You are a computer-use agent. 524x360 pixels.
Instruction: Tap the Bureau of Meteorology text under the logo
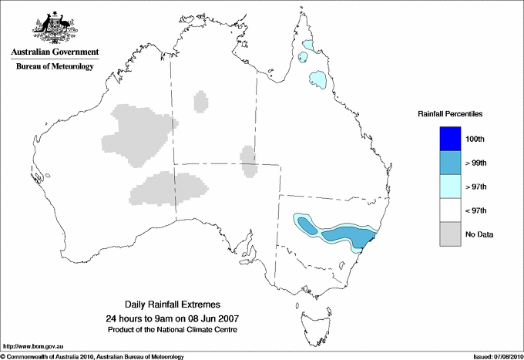pos(54,66)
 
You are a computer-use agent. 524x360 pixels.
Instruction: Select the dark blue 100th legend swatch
pos(450,139)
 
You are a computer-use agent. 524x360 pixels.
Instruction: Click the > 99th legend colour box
pos(450,163)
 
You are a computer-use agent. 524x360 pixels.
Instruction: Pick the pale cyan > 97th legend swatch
pos(450,187)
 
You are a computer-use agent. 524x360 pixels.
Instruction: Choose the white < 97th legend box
pos(450,210)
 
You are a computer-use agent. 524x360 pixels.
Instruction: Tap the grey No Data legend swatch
pos(450,234)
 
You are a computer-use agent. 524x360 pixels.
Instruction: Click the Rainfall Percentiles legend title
pos(450,114)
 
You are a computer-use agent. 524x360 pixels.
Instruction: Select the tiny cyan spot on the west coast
pos(48,176)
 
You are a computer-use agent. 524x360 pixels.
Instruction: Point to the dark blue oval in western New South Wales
pos(307,226)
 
